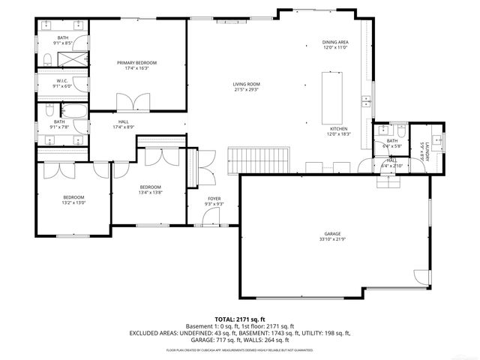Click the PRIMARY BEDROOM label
tap(136, 63)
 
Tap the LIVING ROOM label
tap(245, 84)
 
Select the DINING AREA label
tap(335, 42)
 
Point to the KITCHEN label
tap(340, 129)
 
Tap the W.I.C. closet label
tap(63, 81)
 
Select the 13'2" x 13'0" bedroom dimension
tap(73, 202)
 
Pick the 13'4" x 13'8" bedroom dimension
tap(151, 192)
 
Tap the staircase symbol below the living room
tap(259, 159)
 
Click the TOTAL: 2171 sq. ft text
tap(240, 319)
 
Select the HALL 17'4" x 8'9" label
tap(123, 124)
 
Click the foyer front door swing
tap(212, 218)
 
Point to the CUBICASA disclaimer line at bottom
tap(240, 350)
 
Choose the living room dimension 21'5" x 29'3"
tap(245, 89)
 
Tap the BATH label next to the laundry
tap(391, 140)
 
